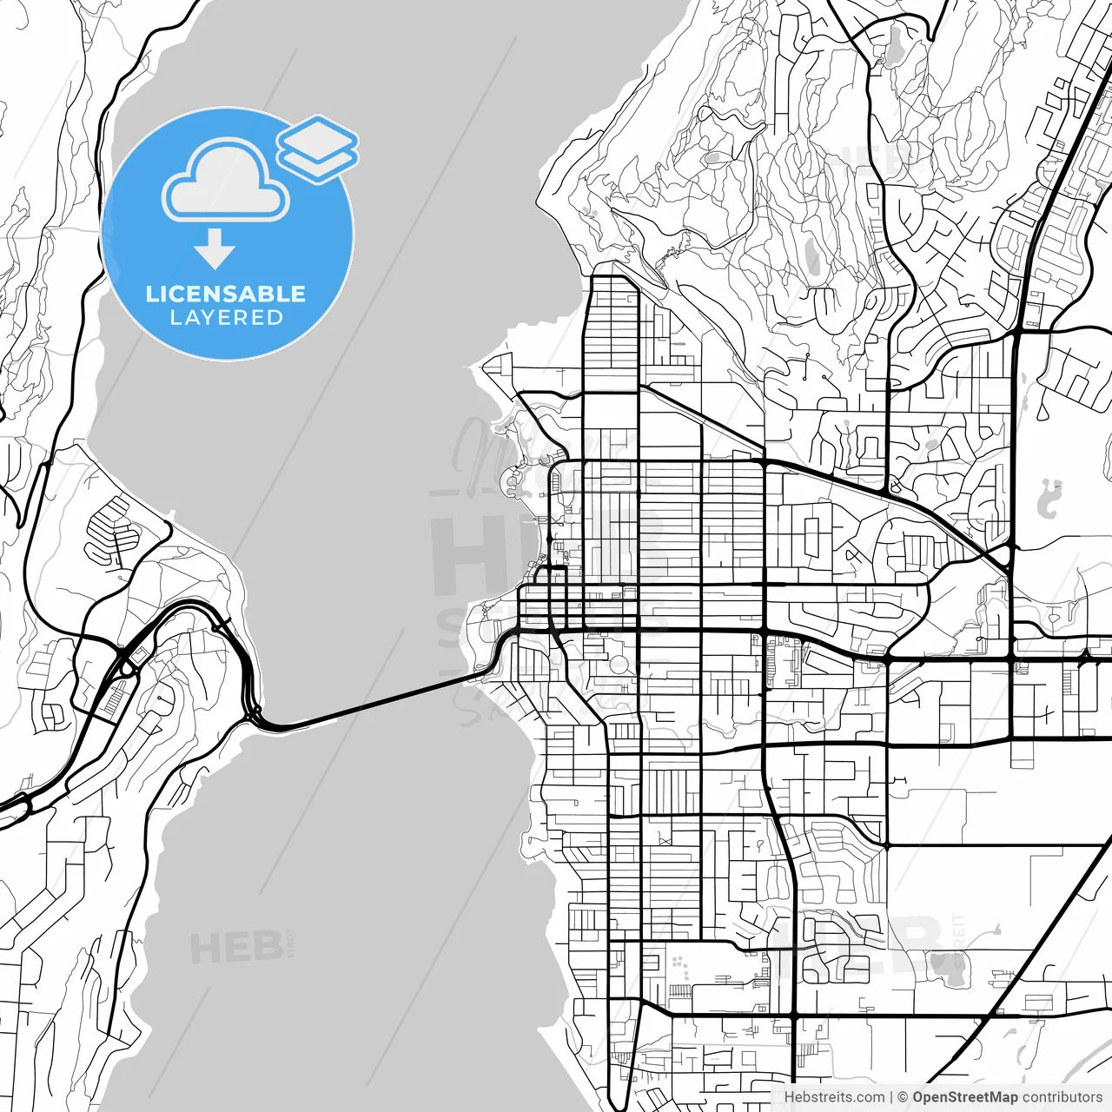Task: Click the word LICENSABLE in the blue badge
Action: click(x=226, y=294)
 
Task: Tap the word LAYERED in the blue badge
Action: click(x=226, y=318)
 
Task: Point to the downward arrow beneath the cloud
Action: click(x=215, y=248)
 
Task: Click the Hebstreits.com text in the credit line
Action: click(x=835, y=1097)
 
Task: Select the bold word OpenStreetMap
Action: click(x=964, y=1097)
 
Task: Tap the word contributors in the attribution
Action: click(x=1062, y=1097)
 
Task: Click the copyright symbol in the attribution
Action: click(x=903, y=1097)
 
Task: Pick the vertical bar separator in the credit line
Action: click(x=892, y=1097)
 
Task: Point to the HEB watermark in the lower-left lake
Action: click(x=235, y=948)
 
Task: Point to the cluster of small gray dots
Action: click(x=679, y=963)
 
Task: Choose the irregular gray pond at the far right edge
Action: click(x=1049, y=497)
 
